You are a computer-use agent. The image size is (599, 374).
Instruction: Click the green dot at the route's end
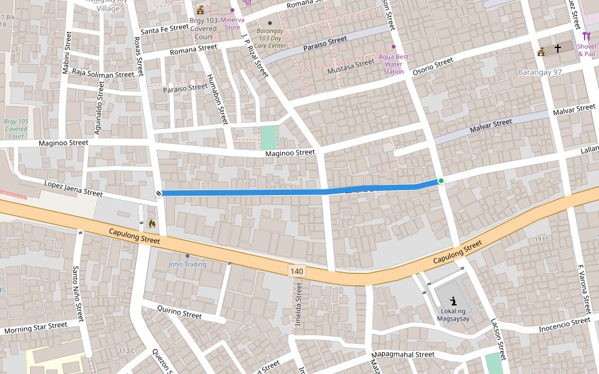point(441,181)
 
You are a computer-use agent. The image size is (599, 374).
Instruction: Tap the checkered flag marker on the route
point(158,193)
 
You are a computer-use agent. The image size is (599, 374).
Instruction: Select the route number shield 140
point(297,271)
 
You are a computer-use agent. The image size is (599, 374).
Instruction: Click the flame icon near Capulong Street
point(152,223)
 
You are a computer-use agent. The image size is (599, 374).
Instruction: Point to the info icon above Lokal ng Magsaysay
point(453,300)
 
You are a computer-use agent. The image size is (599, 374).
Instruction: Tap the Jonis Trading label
point(187,264)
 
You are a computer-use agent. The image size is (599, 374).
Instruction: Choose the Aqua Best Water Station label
point(394,64)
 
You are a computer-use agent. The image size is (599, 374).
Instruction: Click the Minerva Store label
point(232,23)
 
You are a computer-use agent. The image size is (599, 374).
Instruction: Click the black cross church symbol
point(558,48)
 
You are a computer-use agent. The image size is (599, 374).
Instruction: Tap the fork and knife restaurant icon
point(586,36)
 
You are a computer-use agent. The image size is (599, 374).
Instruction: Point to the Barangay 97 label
point(540,73)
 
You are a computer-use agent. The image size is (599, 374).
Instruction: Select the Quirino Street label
point(180,311)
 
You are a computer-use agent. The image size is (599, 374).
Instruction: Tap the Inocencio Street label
point(564,324)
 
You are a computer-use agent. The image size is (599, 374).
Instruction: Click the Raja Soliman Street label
point(104,74)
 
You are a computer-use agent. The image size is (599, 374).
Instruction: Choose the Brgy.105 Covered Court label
point(16,128)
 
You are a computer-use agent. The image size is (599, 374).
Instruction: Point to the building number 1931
point(540,239)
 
